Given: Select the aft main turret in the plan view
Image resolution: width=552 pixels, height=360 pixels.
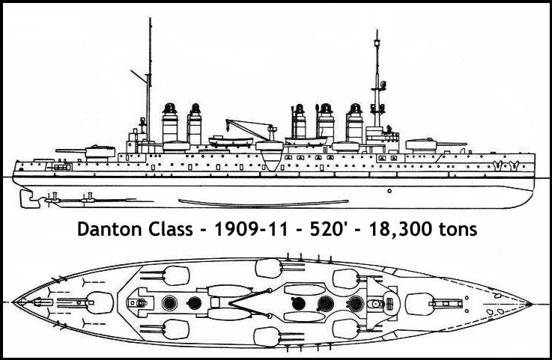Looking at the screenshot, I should [97, 303].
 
